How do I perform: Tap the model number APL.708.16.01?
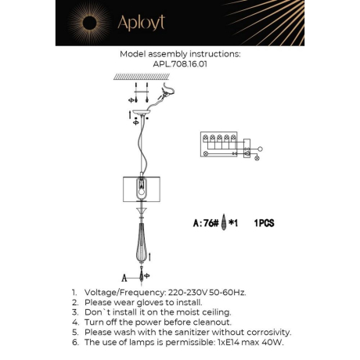point(180,66)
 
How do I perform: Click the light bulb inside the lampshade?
point(142,189)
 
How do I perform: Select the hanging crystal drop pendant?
point(142,242)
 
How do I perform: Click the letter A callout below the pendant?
point(124,276)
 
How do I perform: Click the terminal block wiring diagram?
point(226,146)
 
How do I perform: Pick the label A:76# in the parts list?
point(206,222)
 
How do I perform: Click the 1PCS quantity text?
point(265,223)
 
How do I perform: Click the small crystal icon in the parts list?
point(225,222)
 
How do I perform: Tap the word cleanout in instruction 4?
point(207,322)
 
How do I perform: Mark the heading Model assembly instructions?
point(180,56)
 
